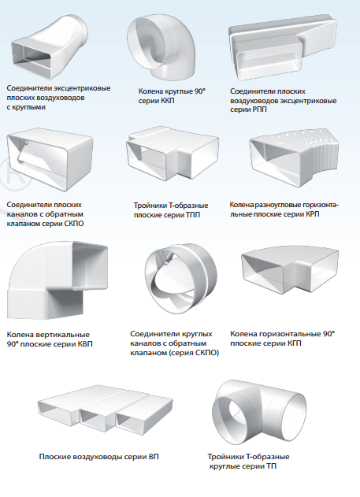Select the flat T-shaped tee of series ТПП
click(x=173, y=155)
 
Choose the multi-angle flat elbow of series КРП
click(x=294, y=157)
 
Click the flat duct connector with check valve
click(x=50, y=161)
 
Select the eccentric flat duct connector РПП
click(x=282, y=47)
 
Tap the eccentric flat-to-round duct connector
click(x=50, y=46)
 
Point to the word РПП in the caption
click(x=258, y=109)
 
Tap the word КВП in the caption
click(x=84, y=344)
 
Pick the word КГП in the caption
click(x=293, y=343)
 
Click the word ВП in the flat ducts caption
click(x=154, y=457)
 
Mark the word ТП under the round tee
click(x=271, y=466)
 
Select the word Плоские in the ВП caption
click(x=55, y=457)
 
